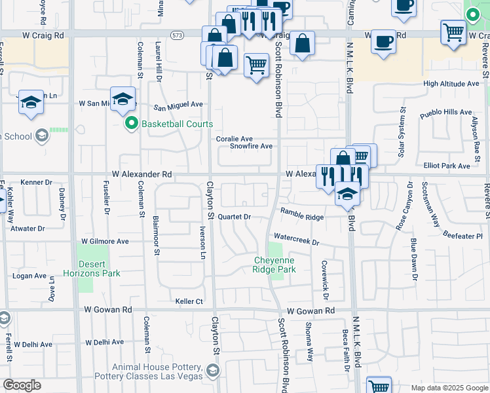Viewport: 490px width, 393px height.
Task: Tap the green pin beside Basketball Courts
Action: point(131,124)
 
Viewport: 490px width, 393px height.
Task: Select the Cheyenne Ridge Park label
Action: point(274,265)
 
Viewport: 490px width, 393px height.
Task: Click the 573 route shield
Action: point(177,35)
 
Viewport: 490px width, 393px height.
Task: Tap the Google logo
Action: point(22,385)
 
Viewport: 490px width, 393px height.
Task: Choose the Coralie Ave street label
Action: point(235,139)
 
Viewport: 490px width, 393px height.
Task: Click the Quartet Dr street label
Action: point(234,216)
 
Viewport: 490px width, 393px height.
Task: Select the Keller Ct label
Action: point(189,301)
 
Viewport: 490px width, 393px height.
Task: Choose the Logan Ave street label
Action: point(29,276)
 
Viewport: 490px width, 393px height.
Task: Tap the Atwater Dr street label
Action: point(28,229)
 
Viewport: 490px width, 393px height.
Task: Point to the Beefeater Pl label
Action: point(462,235)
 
